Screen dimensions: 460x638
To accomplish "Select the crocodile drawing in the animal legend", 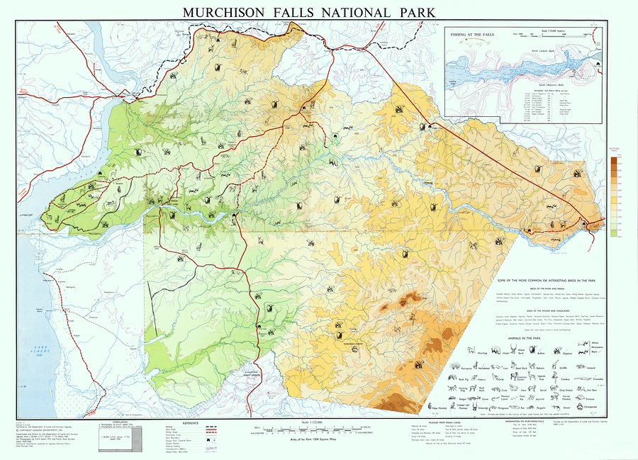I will click(x=599, y=378).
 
